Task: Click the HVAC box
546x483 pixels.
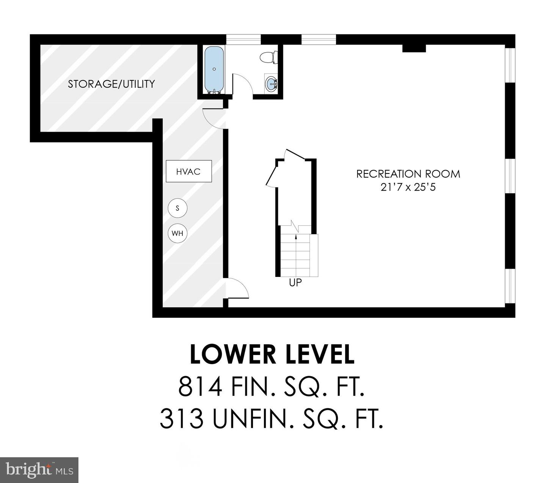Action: click(189, 171)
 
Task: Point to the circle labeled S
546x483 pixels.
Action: click(177, 208)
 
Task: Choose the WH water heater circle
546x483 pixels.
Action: click(177, 233)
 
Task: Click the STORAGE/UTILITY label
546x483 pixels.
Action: click(111, 84)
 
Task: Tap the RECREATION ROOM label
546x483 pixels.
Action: click(408, 174)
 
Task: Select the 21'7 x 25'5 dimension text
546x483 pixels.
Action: click(408, 187)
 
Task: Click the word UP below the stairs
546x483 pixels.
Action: click(295, 283)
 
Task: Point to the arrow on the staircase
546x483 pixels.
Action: click(296, 253)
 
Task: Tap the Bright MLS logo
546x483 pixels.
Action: click(39, 470)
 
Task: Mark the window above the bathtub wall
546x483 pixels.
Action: click(243, 39)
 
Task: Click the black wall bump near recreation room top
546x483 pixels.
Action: click(414, 48)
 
